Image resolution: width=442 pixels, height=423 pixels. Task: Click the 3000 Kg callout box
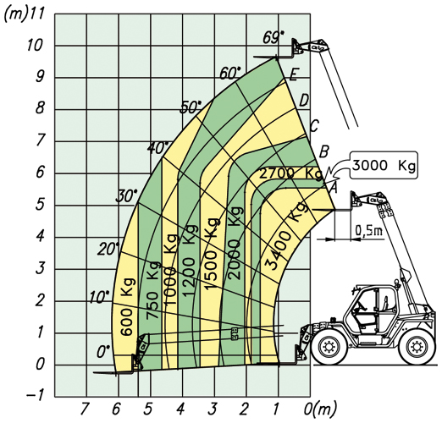[384, 165]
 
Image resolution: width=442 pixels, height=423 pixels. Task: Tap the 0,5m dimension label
[368, 231]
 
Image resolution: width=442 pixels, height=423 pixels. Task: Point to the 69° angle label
[273, 37]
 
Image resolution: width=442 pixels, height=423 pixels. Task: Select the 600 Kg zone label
[127, 306]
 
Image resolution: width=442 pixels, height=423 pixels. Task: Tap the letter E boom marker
[294, 75]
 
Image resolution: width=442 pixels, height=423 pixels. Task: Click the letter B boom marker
[323, 151]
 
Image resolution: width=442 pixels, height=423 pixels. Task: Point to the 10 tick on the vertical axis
[36, 46]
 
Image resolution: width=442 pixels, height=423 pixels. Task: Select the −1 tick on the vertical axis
[35, 395]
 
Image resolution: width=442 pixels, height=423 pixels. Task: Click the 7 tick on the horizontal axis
[85, 409]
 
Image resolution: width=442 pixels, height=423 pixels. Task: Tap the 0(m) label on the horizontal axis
[320, 409]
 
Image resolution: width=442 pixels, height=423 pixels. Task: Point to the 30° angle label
[126, 196]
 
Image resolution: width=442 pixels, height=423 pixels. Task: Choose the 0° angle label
[103, 352]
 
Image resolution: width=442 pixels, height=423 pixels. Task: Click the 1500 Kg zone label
[213, 254]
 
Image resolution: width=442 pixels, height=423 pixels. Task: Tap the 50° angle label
[191, 107]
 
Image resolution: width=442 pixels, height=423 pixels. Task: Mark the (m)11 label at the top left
[24, 14]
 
